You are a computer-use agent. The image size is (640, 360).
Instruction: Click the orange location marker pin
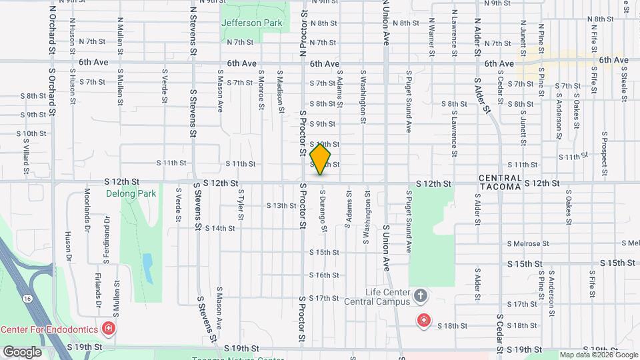(x=321, y=159)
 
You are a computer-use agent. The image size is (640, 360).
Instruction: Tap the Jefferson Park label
(x=252, y=23)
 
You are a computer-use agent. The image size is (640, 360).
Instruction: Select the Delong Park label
(x=129, y=194)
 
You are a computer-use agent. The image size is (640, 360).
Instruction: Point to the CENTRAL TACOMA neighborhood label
(x=499, y=182)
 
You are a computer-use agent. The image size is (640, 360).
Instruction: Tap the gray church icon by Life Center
(x=421, y=295)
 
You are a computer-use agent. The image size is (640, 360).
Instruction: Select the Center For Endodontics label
(x=50, y=329)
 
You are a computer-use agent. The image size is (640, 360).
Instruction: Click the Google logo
(x=22, y=351)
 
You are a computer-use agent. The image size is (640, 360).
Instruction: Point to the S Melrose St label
(x=527, y=244)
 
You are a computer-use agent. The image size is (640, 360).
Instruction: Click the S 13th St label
(x=280, y=205)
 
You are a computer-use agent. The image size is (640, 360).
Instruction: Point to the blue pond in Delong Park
(x=147, y=268)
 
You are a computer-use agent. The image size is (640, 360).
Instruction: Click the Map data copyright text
(x=597, y=355)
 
